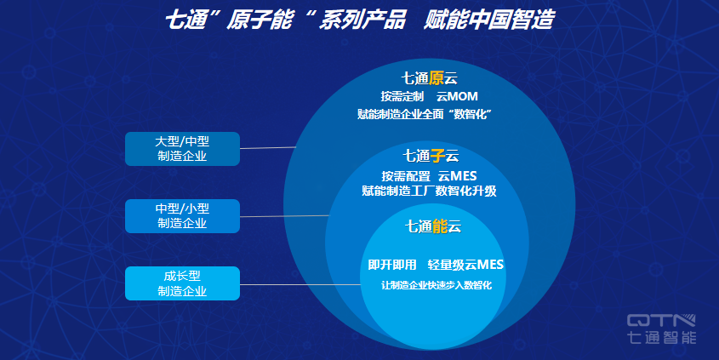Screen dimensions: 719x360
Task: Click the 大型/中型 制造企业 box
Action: coord(182,149)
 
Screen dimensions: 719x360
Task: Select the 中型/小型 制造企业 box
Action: coord(182,216)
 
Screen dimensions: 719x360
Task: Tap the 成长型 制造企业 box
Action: coord(182,283)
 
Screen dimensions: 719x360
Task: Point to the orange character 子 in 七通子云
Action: coord(438,156)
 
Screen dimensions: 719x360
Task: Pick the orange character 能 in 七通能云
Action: coord(440,226)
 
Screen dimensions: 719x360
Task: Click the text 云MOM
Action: coord(457,96)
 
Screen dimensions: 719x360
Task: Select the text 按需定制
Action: coord(402,96)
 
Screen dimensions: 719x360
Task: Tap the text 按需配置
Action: coord(406,176)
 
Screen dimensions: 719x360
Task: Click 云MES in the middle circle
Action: coord(457,176)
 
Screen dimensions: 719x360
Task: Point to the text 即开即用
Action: coord(392,265)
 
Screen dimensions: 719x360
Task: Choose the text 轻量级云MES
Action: coord(465,265)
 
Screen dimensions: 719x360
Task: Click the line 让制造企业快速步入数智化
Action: coord(436,285)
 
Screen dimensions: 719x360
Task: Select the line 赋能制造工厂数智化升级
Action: coord(429,191)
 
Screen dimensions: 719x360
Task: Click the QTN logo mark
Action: coord(661,321)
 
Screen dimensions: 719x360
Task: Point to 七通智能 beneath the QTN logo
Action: coord(661,337)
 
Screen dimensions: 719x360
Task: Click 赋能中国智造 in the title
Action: coord(488,20)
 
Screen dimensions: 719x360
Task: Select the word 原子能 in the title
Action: coord(259,20)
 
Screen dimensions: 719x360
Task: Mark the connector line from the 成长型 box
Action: coord(300,285)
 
